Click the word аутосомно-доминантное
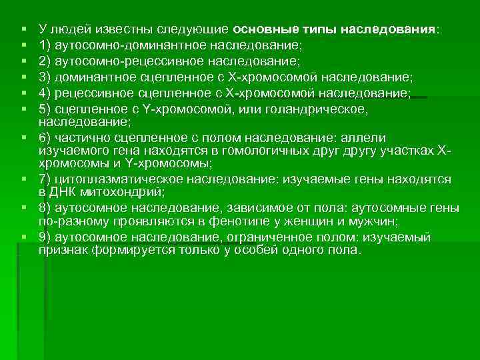(x=120, y=46)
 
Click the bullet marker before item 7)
(x=25, y=179)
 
